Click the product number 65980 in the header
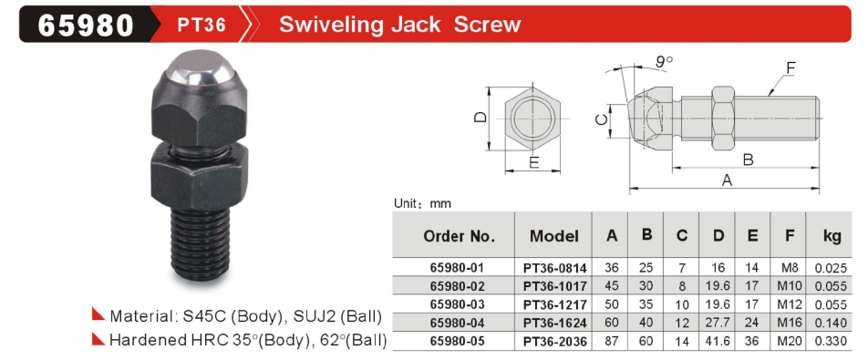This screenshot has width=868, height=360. point(86,25)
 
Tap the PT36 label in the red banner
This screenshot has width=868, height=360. point(201,25)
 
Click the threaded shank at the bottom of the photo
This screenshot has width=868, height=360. point(201,243)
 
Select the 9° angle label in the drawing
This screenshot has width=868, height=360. point(665,61)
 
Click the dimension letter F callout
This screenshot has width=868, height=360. point(790,67)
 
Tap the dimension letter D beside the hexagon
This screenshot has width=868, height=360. point(480,118)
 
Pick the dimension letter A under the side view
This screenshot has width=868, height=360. point(727,180)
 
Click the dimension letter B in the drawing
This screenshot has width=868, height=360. point(748,159)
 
